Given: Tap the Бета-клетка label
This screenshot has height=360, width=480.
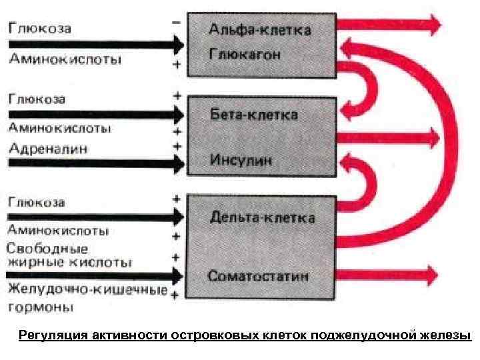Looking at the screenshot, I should click(x=253, y=115).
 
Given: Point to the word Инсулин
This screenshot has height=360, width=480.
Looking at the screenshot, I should click(x=239, y=160).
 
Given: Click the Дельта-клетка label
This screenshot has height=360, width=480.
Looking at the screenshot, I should click(x=262, y=217).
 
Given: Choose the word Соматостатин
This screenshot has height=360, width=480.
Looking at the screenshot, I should click(x=257, y=275).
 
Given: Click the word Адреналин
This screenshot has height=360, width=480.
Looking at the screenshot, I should click(x=49, y=146).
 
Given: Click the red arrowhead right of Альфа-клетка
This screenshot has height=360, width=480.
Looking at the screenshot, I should click(x=433, y=25).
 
